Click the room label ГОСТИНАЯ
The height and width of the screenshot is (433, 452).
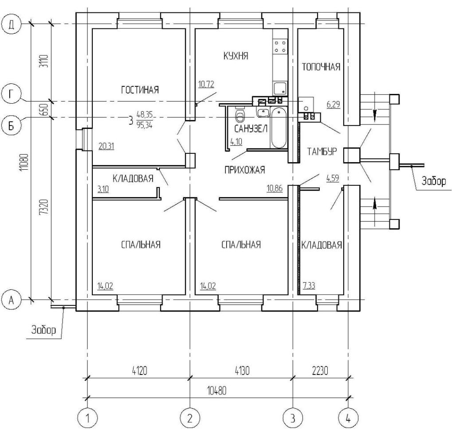(140, 90)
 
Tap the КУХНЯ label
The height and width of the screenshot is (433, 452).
(236, 55)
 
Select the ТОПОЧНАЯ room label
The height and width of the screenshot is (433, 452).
(321, 67)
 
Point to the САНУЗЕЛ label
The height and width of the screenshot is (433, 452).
(251, 129)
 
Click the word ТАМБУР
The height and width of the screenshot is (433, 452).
(322, 152)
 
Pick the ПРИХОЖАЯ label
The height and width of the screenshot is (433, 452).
(245, 170)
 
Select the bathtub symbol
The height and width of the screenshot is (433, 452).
(279, 128)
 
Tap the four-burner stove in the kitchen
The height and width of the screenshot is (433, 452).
(280, 47)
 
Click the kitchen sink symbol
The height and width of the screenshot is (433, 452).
(280, 88)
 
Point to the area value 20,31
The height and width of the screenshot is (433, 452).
(106, 146)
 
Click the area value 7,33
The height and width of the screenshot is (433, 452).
(309, 286)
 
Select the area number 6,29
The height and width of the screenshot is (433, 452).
(333, 104)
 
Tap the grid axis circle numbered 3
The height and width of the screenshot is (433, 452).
(293, 418)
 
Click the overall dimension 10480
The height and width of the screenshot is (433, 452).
(217, 391)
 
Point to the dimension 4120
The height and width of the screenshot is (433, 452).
(140, 371)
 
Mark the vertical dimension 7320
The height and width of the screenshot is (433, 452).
(44, 207)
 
